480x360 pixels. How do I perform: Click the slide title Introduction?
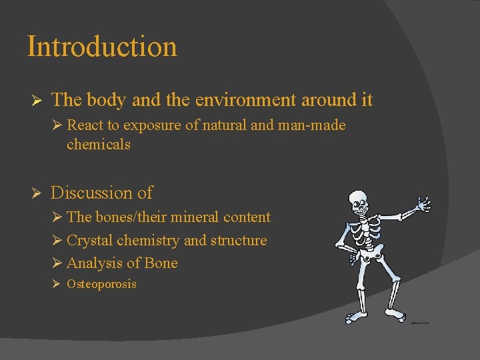(x=102, y=47)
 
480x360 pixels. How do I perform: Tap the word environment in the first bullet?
(x=236, y=100)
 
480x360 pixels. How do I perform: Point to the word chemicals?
(x=98, y=144)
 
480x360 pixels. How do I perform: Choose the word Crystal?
(x=89, y=240)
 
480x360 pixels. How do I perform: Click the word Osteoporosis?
(x=101, y=284)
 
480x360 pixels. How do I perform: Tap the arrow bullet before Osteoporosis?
(x=56, y=284)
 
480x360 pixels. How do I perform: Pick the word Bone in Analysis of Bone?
(x=161, y=263)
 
